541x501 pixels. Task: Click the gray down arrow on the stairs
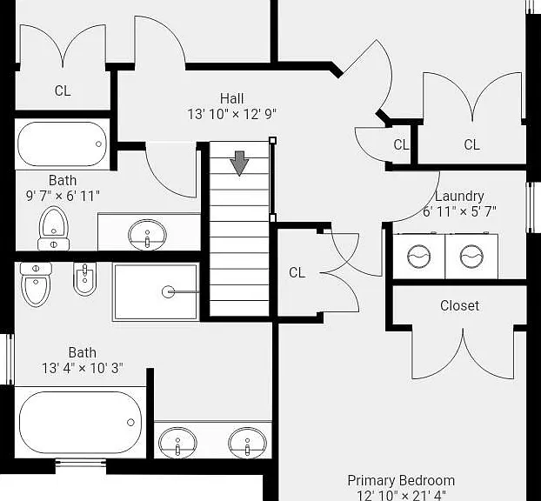pos(239,164)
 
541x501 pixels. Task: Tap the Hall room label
pos(232,98)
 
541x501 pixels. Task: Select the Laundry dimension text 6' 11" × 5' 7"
pos(459,211)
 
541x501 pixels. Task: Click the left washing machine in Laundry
pos(419,257)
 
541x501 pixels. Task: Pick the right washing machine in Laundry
pos(471,257)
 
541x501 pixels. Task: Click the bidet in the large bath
pos(84,279)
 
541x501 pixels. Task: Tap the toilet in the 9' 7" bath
pos(53,229)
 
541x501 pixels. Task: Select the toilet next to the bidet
pos(36,284)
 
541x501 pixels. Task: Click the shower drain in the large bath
pos(168,292)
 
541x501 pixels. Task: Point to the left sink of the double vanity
pos(177,443)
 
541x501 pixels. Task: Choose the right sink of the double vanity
pos(247,443)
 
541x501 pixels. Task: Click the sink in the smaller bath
pos(147,235)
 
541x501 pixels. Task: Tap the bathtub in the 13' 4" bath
pos(80,423)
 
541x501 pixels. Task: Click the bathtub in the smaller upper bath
pos(63,144)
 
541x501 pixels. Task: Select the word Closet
pos(459,305)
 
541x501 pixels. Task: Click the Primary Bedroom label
pos(401,481)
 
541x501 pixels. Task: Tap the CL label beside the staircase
pos(297,272)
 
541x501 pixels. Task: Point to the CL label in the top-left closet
pos(63,90)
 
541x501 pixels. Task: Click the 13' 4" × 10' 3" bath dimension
pos(83,368)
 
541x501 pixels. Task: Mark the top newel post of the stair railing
pos(272,140)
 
